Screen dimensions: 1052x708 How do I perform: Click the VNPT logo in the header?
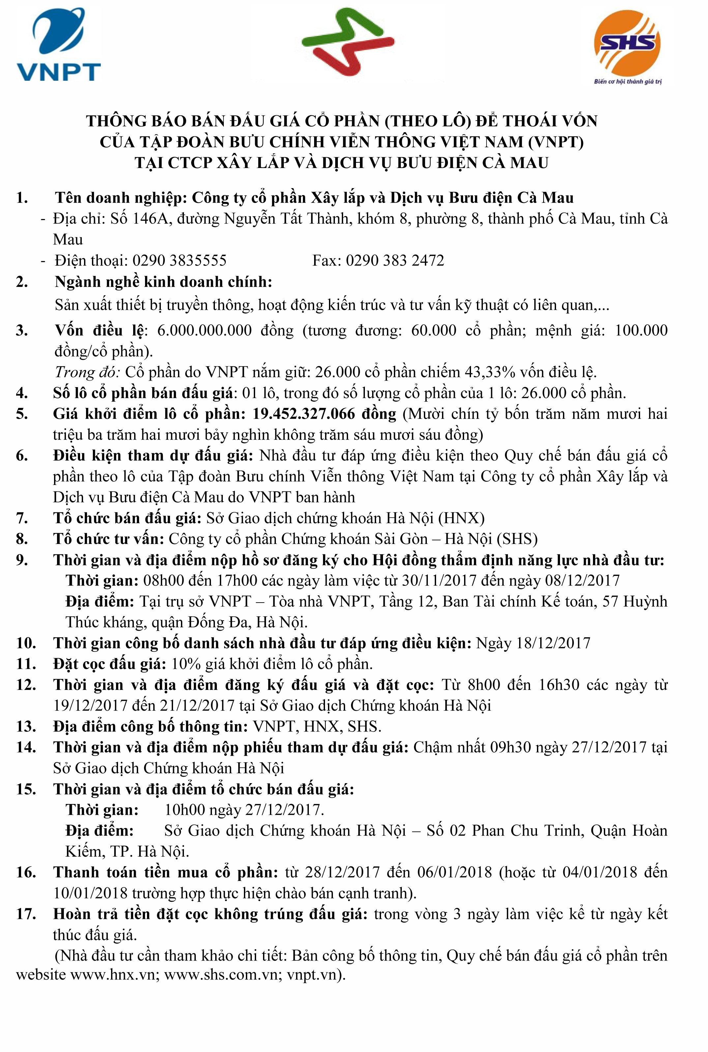[x=58, y=45]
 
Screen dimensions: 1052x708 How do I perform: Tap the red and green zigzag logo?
[x=348, y=43]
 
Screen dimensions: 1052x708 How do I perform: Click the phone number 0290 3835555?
[x=179, y=260]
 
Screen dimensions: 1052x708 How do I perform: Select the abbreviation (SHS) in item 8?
[x=517, y=539]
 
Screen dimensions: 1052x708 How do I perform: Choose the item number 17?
[x=26, y=914]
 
